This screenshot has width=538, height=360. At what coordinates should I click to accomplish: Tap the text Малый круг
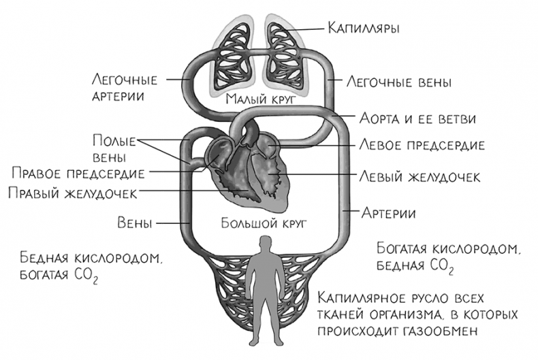252,99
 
